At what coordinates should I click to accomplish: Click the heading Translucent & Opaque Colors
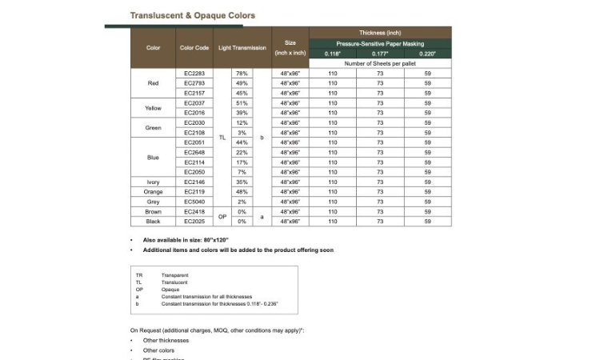193,15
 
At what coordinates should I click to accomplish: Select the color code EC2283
194,74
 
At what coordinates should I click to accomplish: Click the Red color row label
154,83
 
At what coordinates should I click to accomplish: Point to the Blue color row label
154,158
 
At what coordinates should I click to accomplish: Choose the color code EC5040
194,202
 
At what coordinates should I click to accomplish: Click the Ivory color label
154,182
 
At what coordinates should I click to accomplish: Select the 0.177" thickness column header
380,54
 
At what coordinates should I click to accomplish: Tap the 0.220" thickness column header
428,54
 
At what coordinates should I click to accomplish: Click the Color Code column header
194,48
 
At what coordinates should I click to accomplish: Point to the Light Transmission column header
242,48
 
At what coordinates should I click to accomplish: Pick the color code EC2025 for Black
194,222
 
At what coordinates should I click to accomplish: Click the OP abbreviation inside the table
223,216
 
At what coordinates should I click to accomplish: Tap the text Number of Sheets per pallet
380,63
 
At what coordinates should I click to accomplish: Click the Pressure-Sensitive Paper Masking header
380,43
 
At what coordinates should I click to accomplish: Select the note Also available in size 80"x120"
186,240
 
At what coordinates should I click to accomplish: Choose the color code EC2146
194,182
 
